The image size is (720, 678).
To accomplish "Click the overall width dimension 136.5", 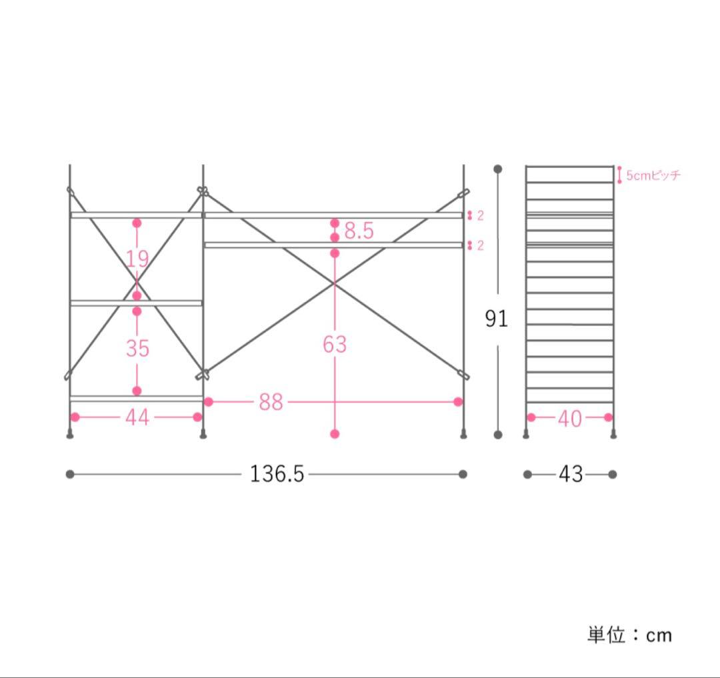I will pyautogui.click(x=277, y=474).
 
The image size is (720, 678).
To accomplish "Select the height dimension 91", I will pyautogui.click(x=496, y=319).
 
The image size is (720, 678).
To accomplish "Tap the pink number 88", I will pyautogui.click(x=271, y=402).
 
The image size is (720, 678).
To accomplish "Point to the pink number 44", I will pyautogui.click(x=137, y=417).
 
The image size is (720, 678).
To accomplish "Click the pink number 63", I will pyautogui.click(x=335, y=345).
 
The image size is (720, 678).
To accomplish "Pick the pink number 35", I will pyautogui.click(x=137, y=348).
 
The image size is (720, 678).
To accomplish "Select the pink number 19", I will pyautogui.click(x=137, y=259).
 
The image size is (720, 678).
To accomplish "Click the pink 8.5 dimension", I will pyautogui.click(x=359, y=231).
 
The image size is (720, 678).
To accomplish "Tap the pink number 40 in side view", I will pyautogui.click(x=569, y=418).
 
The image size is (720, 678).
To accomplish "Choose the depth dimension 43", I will pyautogui.click(x=571, y=475).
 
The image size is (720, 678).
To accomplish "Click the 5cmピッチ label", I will pyautogui.click(x=653, y=176).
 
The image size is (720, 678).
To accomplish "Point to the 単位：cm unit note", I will pyautogui.click(x=629, y=635).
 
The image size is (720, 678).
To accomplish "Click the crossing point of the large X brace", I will pyautogui.click(x=334, y=284).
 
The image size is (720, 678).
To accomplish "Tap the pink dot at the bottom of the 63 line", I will pyautogui.click(x=335, y=434).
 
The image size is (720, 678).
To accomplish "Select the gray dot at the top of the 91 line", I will pyautogui.click(x=497, y=169).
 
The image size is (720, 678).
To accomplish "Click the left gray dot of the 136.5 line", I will pyautogui.click(x=70, y=475).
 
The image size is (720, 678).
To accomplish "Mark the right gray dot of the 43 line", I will pyautogui.click(x=613, y=475).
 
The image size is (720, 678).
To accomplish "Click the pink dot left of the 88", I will pyautogui.click(x=208, y=401).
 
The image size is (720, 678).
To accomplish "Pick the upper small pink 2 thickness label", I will pyautogui.click(x=479, y=215).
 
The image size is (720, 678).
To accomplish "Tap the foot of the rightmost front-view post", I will pyautogui.click(x=463, y=436).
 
